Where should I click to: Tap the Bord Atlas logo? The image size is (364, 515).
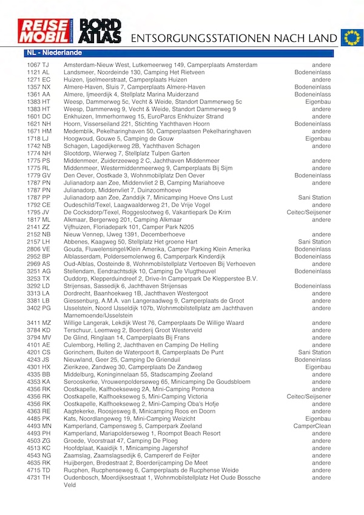point(101,31)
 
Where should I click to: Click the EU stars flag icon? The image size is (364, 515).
point(350,38)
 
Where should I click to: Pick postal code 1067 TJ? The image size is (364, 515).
point(38,65)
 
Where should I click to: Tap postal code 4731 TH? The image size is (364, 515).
point(38,477)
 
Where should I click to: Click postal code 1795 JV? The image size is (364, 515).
point(38,212)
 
